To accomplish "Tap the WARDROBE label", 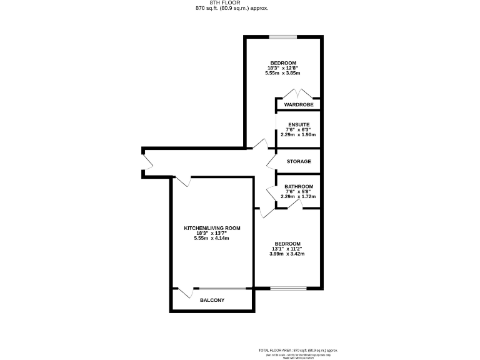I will click(299, 104).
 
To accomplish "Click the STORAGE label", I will click(299, 162).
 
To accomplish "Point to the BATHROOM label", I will click(299, 186).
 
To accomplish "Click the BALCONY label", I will click(212, 301).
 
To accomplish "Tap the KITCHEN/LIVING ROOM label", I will click(212, 228).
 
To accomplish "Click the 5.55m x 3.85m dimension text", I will click(283, 73).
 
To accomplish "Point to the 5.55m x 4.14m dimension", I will click(212, 238).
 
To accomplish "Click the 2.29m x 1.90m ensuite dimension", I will click(299, 134).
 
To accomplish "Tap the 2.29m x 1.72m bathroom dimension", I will click(299, 197).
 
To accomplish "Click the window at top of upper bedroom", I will click(283, 37).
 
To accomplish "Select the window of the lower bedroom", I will click(288, 288).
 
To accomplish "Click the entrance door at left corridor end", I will click(148, 162).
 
